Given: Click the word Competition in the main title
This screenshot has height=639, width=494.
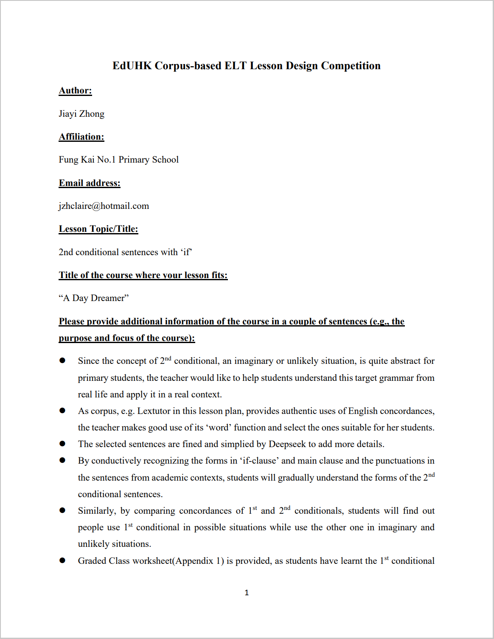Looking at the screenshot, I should [351, 66].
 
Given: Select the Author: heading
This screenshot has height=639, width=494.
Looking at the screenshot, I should [75, 90].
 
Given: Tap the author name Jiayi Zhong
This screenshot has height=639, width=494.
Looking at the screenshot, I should [81, 114].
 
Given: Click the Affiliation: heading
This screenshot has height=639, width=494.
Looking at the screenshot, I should [81, 137].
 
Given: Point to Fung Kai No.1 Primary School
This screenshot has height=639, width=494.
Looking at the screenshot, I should [119, 160].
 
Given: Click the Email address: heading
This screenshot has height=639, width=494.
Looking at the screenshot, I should [90, 183].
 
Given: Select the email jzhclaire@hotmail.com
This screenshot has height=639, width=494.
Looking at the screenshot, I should [104, 206].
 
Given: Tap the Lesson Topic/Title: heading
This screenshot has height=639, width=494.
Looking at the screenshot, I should [98, 229].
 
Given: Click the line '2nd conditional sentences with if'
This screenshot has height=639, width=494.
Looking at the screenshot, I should [125, 252].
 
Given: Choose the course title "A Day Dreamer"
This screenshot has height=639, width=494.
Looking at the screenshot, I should [94, 298].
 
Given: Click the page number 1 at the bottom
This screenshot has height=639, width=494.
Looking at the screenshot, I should [247, 593].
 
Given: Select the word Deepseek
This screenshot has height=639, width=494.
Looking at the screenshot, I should [287, 444].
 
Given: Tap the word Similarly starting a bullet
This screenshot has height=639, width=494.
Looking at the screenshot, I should [97, 511].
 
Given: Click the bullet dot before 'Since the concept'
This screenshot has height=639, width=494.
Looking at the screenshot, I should [62, 360].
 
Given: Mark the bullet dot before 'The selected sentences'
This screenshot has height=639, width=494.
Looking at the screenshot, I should [62, 444].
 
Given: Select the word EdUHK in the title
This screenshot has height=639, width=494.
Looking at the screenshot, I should [132, 66].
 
